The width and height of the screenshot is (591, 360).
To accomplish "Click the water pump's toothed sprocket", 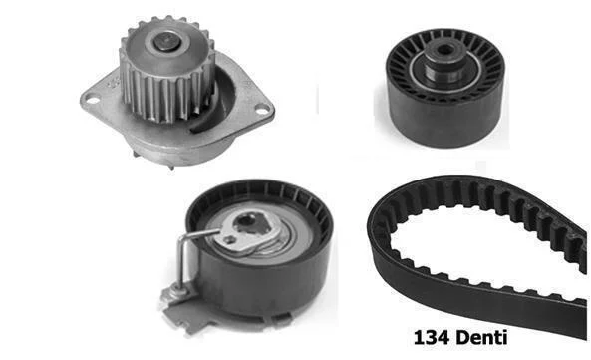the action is (x=167, y=70).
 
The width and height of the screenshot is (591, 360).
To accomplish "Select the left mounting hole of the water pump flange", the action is (x=93, y=100).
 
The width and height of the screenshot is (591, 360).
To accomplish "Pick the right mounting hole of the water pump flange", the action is (x=262, y=109).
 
